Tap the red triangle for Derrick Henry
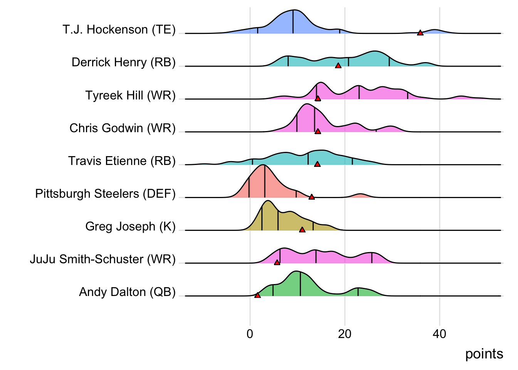338,66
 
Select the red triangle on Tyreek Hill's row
318,99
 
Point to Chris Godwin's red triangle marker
318,131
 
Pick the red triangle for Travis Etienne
317,164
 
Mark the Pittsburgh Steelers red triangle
311,197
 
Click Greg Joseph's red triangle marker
302,230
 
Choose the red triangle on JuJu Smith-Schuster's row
277,262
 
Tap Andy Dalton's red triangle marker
257,295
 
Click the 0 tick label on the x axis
250,334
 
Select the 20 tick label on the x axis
345,334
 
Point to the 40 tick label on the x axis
439,334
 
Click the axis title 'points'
484,354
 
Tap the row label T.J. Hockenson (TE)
119,30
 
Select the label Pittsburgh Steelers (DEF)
105,193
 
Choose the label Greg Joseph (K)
130,226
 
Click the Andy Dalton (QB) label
127,292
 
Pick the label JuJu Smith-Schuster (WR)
103,259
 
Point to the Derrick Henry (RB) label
123,62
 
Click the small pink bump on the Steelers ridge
360,196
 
